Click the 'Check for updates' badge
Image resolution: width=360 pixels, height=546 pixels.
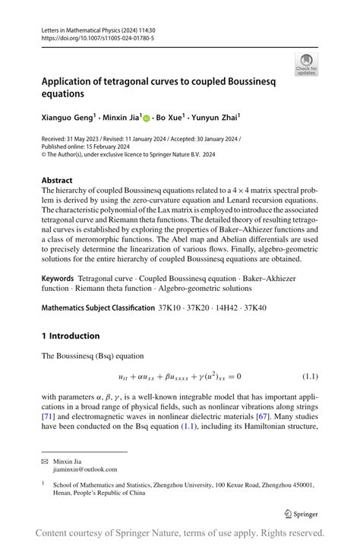pos(307,65)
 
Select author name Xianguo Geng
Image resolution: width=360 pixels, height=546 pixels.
pos(68,118)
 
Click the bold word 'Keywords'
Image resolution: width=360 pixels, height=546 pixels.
pos(58,279)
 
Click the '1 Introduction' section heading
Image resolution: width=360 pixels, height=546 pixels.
pos(70,336)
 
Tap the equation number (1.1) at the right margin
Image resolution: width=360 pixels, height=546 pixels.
pos(310,377)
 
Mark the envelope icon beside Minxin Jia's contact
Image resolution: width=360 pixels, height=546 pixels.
pos(45,461)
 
